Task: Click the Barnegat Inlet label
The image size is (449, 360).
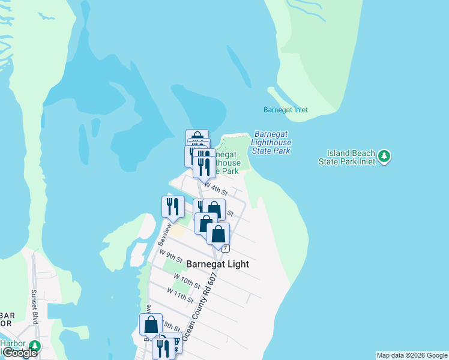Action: tap(285, 110)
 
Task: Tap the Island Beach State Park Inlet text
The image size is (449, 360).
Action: tap(351, 157)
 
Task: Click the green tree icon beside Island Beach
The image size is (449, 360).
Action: tap(385, 157)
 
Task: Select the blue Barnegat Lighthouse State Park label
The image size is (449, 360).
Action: tap(273, 142)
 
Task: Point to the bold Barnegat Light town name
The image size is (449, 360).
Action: tap(217, 264)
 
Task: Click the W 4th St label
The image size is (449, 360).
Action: tap(216, 190)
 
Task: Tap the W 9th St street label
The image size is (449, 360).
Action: tap(171, 257)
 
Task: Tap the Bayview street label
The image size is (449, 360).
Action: tap(161, 235)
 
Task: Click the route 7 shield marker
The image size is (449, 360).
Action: tap(225, 248)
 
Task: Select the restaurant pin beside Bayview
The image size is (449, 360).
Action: tap(173, 207)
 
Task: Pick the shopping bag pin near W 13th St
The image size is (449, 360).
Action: tap(151, 325)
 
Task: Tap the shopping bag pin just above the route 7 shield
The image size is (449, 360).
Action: tap(218, 234)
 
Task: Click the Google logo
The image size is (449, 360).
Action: tap(19, 353)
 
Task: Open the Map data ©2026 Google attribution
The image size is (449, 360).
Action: tap(412, 355)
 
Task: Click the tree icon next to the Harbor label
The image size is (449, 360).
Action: tap(35, 346)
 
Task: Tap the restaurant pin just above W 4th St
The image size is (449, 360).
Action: tap(204, 166)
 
